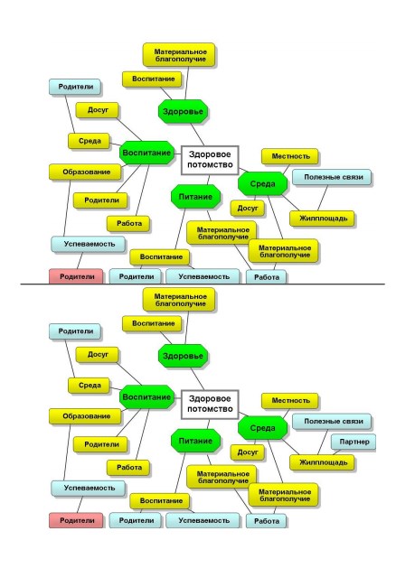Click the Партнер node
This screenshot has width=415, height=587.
point(354,442)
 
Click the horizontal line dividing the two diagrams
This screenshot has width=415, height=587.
point(203,284)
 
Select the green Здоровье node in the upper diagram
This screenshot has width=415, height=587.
point(183,111)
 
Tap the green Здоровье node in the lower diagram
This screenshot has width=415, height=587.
point(183,356)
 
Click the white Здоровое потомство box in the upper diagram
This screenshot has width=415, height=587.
point(210,160)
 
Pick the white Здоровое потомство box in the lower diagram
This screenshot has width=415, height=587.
point(210,405)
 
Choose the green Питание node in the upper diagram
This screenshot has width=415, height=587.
point(195,197)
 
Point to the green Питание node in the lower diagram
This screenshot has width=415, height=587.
point(195,441)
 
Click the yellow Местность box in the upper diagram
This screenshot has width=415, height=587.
point(290,156)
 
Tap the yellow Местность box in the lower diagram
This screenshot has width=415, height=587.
point(290,401)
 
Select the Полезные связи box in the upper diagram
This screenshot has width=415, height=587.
point(332,177)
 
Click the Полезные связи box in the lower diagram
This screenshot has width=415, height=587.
point(332,421)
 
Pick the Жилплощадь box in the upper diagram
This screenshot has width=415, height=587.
point(322,219)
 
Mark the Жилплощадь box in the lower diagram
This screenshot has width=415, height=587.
point(322,462)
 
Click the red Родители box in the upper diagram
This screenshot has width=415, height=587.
point(76,276)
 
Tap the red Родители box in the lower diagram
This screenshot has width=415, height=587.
point(76,520)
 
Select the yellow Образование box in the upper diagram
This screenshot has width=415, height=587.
point(86,172)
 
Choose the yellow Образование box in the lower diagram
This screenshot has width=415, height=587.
point(86,416)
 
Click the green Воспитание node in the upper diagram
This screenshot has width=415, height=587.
point(146,153)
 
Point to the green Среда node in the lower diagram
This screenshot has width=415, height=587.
point(262,428)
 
